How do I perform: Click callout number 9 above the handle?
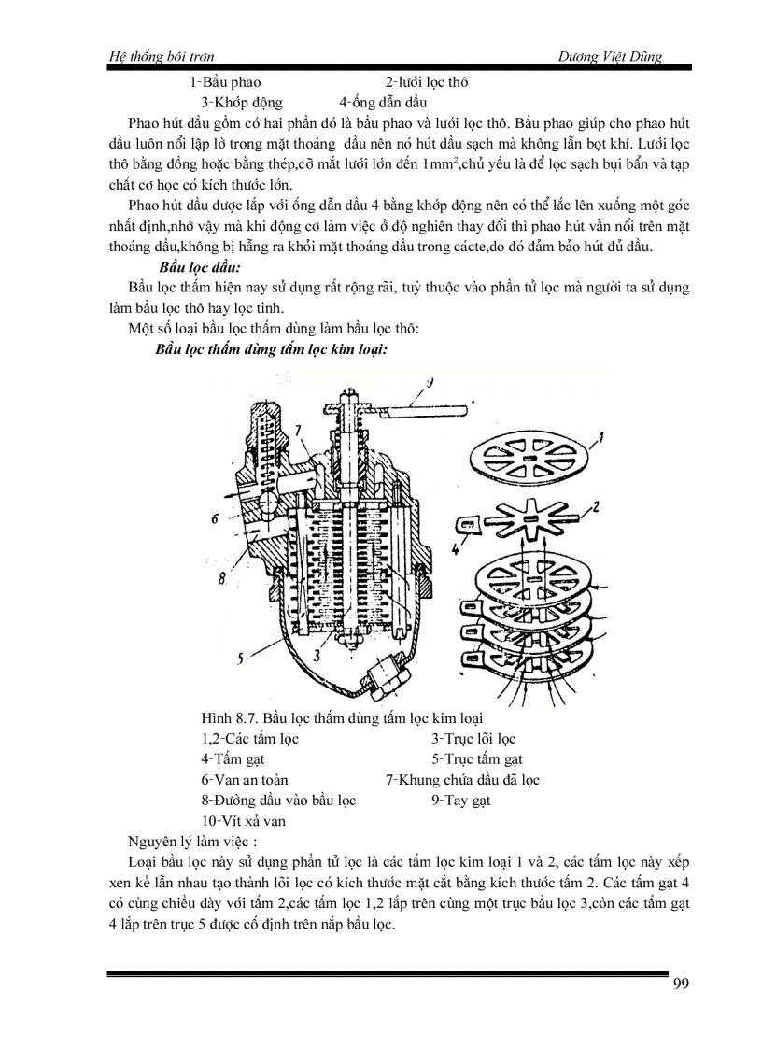pyautogui.click(x=430, y=381)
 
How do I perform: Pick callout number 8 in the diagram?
pyautogui.click(x=223, y=578)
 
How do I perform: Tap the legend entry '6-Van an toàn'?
pyautogui.click(x=244, y=779)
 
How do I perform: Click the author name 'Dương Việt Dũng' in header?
pyautogui.click(x=609, y=57)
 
